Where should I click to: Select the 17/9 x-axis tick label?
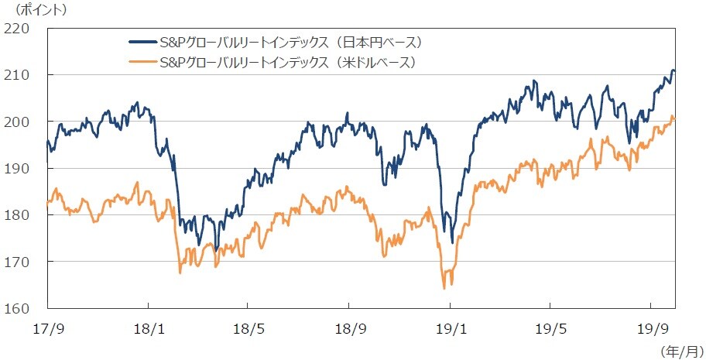pos(48,328)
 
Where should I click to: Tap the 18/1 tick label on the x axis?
pos(149,328)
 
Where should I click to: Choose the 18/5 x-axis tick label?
pos(248,328)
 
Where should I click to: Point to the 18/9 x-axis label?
pos(350,328)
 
